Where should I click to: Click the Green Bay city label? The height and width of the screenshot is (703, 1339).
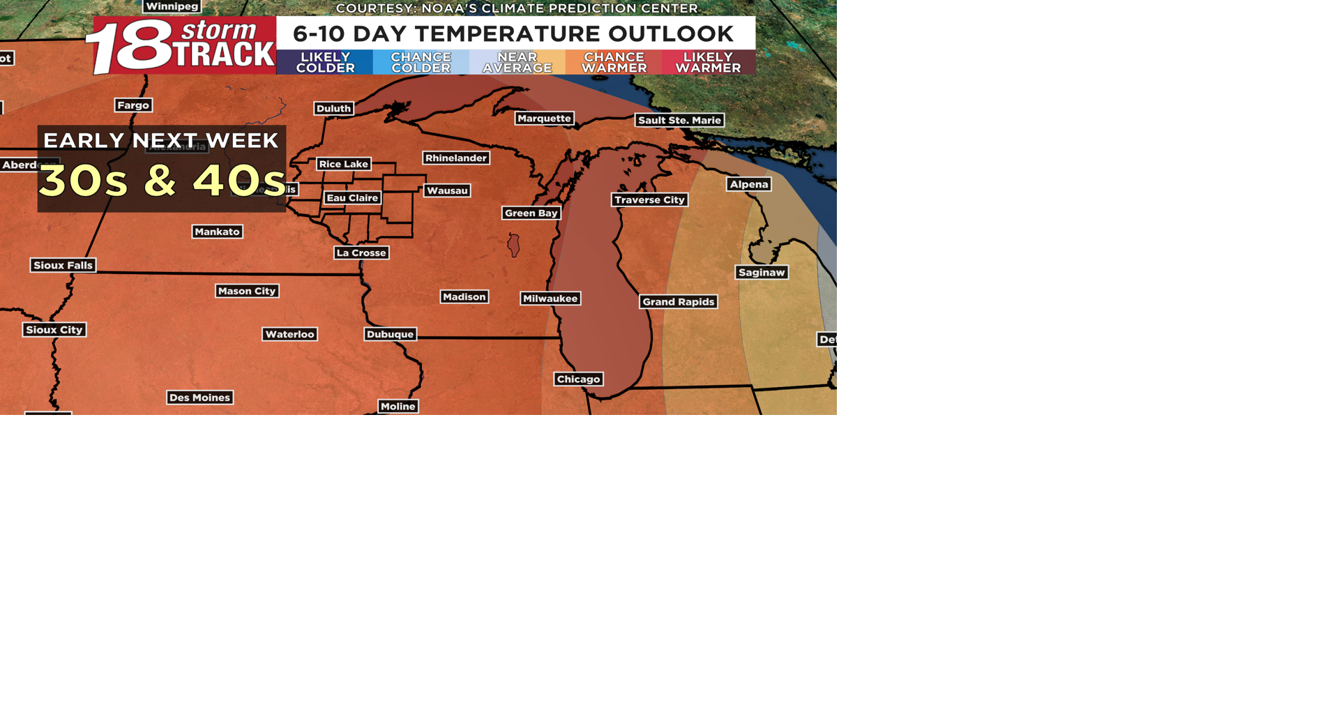pos(531,213)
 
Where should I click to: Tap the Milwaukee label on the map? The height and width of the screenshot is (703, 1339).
pos(550,298)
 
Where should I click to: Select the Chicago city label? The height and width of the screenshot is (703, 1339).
pos(578,379)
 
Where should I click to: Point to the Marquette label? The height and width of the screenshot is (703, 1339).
pos(544,119)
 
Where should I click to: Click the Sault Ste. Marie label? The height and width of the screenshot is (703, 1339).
pos(679,120)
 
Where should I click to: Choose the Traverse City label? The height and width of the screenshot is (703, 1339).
pos(649,200)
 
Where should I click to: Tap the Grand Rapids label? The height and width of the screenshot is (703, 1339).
pos(678,302)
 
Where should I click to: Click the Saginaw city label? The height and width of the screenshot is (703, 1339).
pos(762,273)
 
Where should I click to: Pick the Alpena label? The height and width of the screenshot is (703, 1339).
pos(749,184)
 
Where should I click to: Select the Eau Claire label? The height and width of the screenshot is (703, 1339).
pos(352,198)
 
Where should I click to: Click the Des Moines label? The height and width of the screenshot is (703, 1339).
pos(199,398)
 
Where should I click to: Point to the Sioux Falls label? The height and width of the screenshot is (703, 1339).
pos(63,265)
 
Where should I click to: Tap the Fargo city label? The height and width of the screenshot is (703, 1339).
pos(133,105)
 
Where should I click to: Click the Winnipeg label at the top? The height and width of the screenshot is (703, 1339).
pos(172,6)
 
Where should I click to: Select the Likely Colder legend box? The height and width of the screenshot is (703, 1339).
pos(325,62)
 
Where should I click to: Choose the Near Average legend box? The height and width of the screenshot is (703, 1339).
pos(517,62)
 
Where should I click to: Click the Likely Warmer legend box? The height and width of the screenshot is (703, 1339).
pos(708,62)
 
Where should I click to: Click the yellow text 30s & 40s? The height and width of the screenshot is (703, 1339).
pos(162,181)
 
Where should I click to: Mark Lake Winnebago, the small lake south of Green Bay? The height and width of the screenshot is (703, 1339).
pos(514,245)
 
